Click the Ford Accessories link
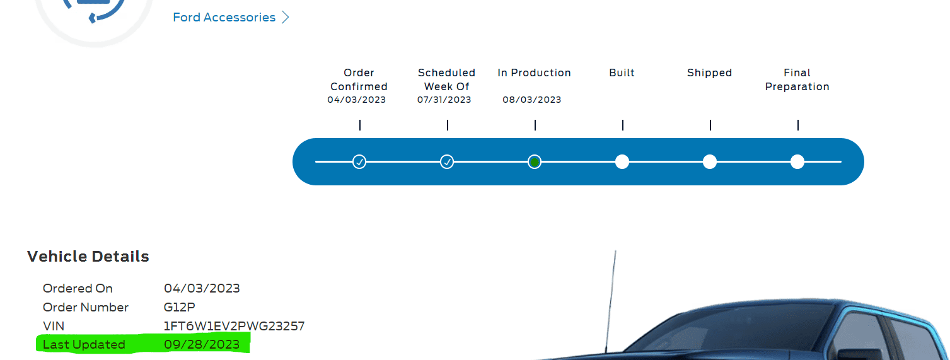point(224,18)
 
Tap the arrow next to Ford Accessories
point(285,18)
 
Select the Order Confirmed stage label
point(359,79)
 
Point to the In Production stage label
point(534,73)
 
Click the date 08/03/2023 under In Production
point(531,100)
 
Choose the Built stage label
point(622,73)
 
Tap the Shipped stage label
point(709,73)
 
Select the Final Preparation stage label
point(797,79)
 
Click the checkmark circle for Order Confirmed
point(359,162)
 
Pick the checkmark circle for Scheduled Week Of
point(447,162)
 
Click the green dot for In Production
point(535,162)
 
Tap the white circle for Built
point(622,162)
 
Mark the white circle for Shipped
point(710,162)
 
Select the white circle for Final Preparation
point(797,162)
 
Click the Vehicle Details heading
point(88,257)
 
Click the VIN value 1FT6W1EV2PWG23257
point(234,326)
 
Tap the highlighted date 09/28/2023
point(202,344)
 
